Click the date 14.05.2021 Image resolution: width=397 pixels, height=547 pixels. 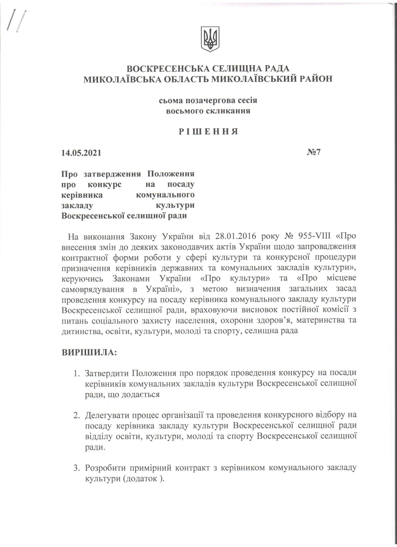81,153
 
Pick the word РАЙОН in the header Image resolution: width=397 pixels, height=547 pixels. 316,79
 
